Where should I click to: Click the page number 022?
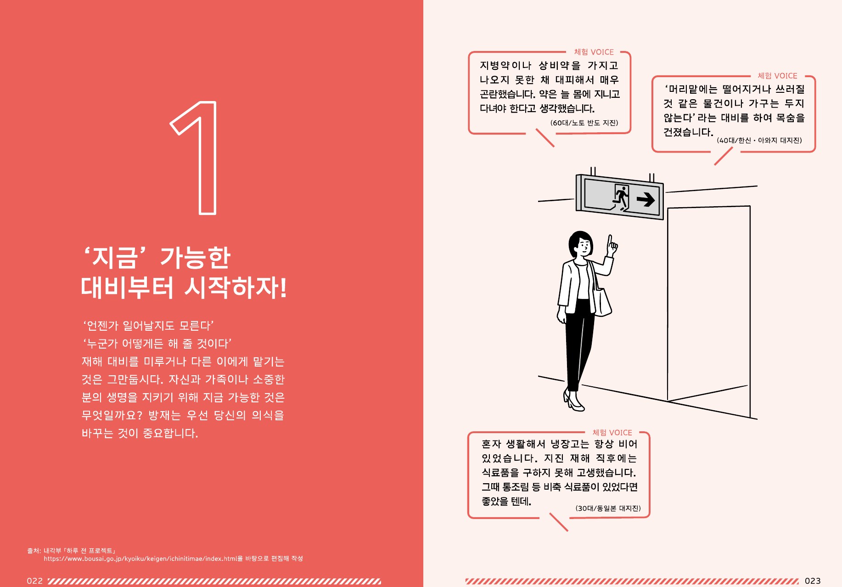pyautogui.click(x=34, y=581)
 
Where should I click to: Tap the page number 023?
pyautogui.click(x=813, y=581)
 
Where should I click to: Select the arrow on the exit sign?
pyautogui.click(x=646, y=199)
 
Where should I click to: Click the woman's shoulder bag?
pyautogui.click(x=602, y=301)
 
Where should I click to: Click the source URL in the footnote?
pyautogui.click(x=140, y=559)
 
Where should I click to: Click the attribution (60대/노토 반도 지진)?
pyautogui.click(x=584, y=123)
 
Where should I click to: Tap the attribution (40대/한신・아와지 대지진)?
pyautogui.click(x=759, y=141)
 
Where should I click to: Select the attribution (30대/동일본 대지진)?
pyautogui.click(x=608, y=508)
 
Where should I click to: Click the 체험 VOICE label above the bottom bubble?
pyautogui.click(x=612, y=433)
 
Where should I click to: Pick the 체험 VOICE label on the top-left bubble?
pyautogui.click(x=594, y=52)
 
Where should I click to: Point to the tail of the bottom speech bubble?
pyautogui.click(x=559, y=522)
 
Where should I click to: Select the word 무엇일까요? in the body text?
pyautogui.click(x=112, y=416)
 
